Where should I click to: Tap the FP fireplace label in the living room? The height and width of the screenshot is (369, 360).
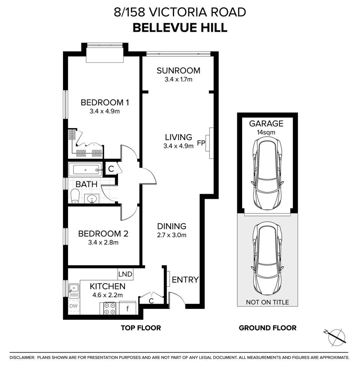coord(201,143)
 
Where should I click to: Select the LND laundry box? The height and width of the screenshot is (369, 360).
coord(125,274)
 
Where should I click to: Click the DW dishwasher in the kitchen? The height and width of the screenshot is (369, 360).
coord(74,306)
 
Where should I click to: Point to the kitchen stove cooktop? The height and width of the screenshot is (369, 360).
coord(110,309)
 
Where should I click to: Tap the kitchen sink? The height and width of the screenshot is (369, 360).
coord(74,291)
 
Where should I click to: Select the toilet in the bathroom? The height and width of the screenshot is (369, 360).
coord(75,196)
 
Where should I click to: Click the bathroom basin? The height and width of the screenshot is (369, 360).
coord(92,199)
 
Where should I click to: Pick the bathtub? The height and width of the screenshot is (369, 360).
coord(85,170)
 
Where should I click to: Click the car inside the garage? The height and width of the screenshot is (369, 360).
coord(267,173)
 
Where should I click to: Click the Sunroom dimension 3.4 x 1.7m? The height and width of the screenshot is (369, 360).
coord(178,80)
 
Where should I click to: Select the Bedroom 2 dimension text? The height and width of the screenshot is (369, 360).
coord(103,242)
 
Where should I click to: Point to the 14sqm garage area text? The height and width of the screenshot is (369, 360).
coord(266,132)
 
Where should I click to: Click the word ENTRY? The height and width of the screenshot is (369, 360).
coord(185,280)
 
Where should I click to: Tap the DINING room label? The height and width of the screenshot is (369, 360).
coord(172,226)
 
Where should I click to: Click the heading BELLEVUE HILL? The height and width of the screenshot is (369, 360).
coord(180,28)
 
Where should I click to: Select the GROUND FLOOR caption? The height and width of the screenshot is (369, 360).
coord(267,328)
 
